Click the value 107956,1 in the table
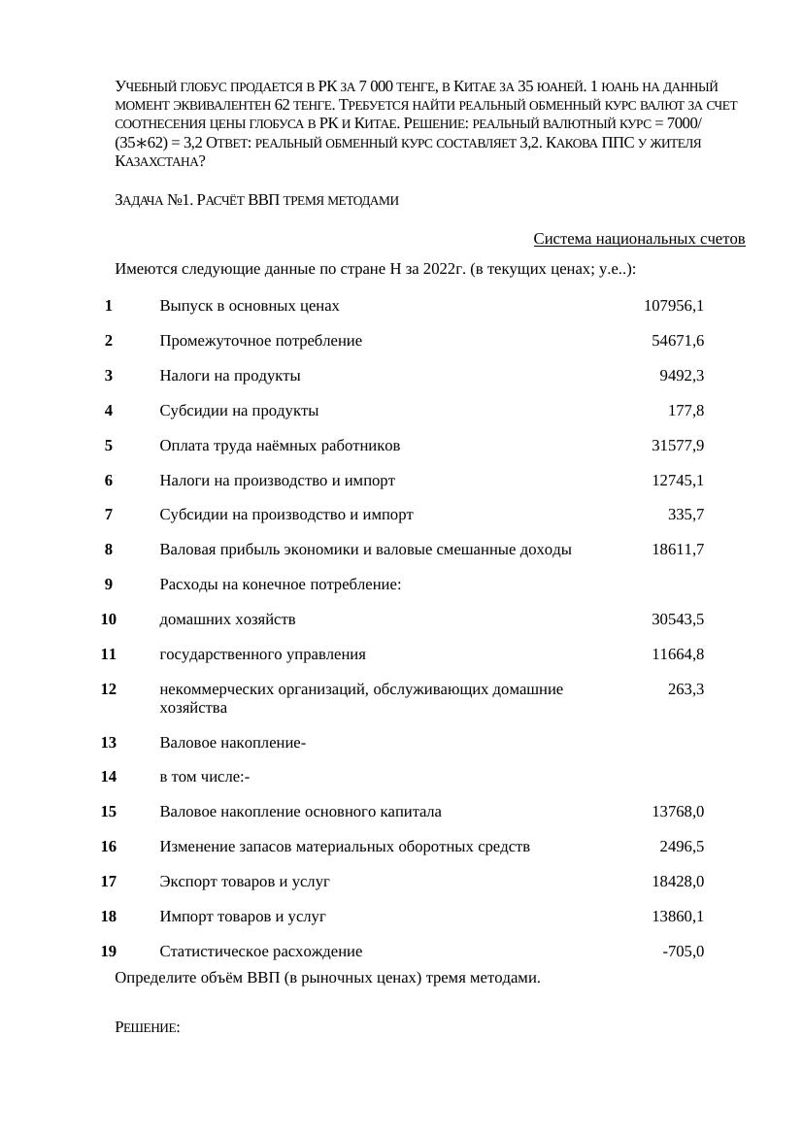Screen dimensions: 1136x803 (673, 306)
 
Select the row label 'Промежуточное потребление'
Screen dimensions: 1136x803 (260, 341)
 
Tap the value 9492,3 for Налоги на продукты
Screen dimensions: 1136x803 (681, 376)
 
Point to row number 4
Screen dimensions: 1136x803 (109, 411)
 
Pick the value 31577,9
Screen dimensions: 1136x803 (677, 446)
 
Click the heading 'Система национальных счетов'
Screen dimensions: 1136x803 (639, 239)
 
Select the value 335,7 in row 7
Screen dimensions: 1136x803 (686, 515)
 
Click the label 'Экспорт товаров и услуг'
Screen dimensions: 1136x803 (245, 882)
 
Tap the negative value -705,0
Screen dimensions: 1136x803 (683, 952)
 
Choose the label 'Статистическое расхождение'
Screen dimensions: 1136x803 (260, 952)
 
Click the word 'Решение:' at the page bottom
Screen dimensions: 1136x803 (148, 1028)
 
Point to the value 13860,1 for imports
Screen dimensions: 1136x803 (677, 917)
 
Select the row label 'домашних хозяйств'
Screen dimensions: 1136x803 (227, 619)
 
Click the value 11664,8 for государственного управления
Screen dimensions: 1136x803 (677, 654)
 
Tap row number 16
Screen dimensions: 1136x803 (109, 847)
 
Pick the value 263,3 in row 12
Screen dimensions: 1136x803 (686, 689)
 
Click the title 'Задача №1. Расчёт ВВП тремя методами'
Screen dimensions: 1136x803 (256, 200)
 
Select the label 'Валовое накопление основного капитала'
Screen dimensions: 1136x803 (300, 812)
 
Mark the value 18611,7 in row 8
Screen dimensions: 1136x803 (677, 550)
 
